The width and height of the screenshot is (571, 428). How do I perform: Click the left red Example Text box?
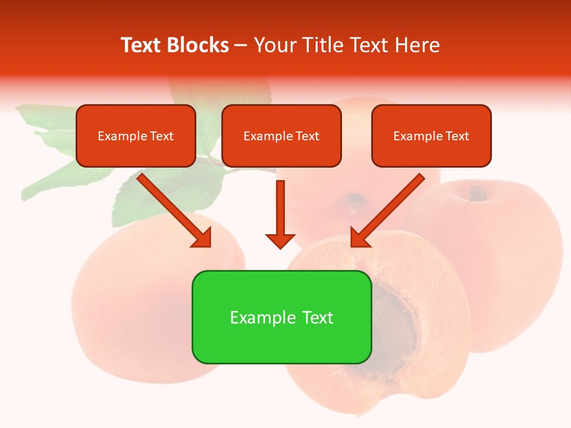click(136, 136)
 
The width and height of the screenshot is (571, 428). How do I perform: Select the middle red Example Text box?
click(281, 136)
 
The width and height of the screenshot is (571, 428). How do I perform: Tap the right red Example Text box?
click(431, 136)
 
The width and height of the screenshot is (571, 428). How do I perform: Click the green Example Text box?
click(281, 317)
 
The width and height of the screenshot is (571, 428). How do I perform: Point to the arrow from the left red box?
click(172, 208)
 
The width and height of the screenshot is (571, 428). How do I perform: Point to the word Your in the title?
click(273, 45)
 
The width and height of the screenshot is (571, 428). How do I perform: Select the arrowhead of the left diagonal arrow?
click(202, 237)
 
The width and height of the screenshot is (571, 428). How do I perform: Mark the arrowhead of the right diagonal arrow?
click(360, 237)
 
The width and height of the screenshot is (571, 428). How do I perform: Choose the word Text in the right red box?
click(457, 136)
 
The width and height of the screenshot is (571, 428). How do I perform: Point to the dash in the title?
click(241, 46)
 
